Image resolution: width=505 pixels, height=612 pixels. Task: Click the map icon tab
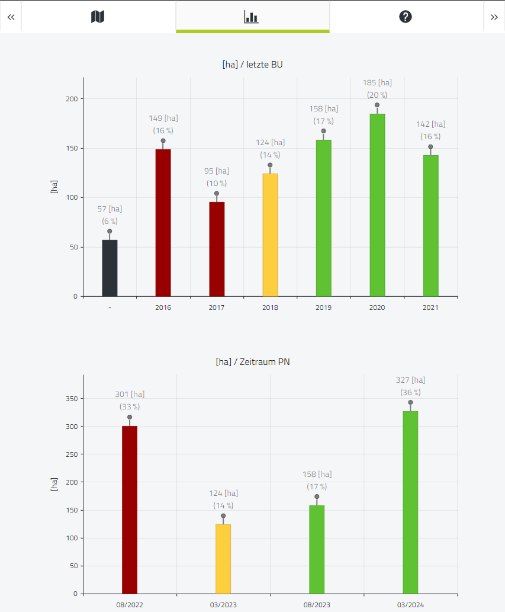[98, 17]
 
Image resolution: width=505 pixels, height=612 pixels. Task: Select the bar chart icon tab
[251, 17]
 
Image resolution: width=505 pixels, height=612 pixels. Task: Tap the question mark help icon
[406, 17]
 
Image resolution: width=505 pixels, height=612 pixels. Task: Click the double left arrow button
[11, 17]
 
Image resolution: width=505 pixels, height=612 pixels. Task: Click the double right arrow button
[494, 17]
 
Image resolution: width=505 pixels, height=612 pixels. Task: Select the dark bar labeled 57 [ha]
[110, 268]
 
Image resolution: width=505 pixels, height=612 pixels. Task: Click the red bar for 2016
[163, 223]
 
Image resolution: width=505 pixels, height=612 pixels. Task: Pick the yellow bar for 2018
[270, 235]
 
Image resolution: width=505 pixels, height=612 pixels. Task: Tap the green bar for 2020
[377, 206]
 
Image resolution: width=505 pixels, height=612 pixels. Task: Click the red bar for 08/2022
[130, 510]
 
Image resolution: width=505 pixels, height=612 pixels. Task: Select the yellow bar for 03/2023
[223, 559]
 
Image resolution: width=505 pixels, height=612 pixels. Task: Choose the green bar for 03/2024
[410, 502]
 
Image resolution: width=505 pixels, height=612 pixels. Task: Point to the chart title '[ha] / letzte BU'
[252, 65]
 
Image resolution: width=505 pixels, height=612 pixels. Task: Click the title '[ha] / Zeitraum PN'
[253, 362]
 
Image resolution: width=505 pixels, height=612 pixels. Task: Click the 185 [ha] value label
[377, 83]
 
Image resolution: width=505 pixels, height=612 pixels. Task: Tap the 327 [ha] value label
[410, 380]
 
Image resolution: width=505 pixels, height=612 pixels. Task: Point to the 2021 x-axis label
[430, 307]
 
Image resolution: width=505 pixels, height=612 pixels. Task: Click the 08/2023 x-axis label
[317, 605]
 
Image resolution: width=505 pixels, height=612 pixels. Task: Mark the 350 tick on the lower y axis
[72, 399]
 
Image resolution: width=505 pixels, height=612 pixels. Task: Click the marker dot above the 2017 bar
[217, 194]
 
